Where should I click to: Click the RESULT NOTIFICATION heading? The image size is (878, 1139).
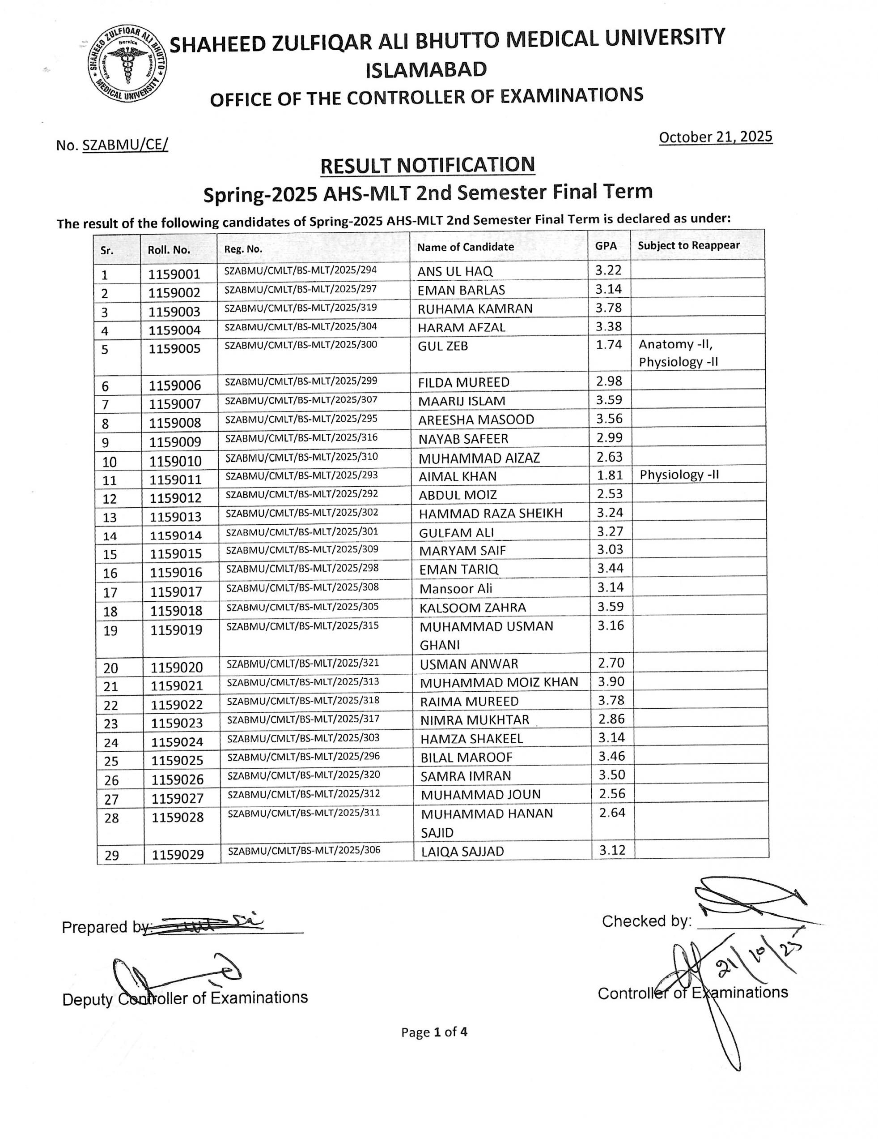427,165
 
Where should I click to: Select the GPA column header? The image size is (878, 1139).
606,246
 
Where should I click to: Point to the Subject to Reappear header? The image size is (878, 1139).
688,246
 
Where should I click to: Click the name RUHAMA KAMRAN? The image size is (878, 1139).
475,309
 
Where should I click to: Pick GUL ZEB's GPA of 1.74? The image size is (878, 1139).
609,345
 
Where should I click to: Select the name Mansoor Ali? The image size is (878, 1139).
455,589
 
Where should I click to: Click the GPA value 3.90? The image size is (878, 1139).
611,681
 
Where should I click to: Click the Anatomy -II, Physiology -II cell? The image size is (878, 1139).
679,353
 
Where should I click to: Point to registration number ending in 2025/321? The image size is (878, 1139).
303,664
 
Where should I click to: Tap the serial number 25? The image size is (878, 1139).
111,761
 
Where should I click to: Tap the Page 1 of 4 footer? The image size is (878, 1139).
434,1032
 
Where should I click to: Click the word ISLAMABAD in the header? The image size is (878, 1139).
426,70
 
